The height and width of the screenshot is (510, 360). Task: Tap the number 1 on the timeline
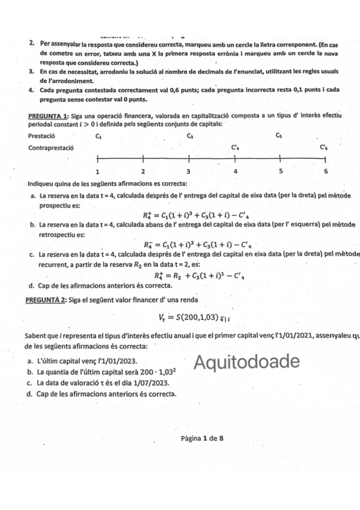(x=97, y=171)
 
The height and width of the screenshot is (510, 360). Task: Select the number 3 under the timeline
(x=188, y=171)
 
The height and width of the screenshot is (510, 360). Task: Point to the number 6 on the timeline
(x=326, y=171)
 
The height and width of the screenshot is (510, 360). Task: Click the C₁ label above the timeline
(x=98, y=137)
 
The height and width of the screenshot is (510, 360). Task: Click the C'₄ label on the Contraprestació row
(x=236, y=146)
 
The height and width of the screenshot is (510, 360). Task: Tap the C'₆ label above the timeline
(x=324, y=146)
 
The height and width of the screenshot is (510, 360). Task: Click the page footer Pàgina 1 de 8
(x=202, y=438)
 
